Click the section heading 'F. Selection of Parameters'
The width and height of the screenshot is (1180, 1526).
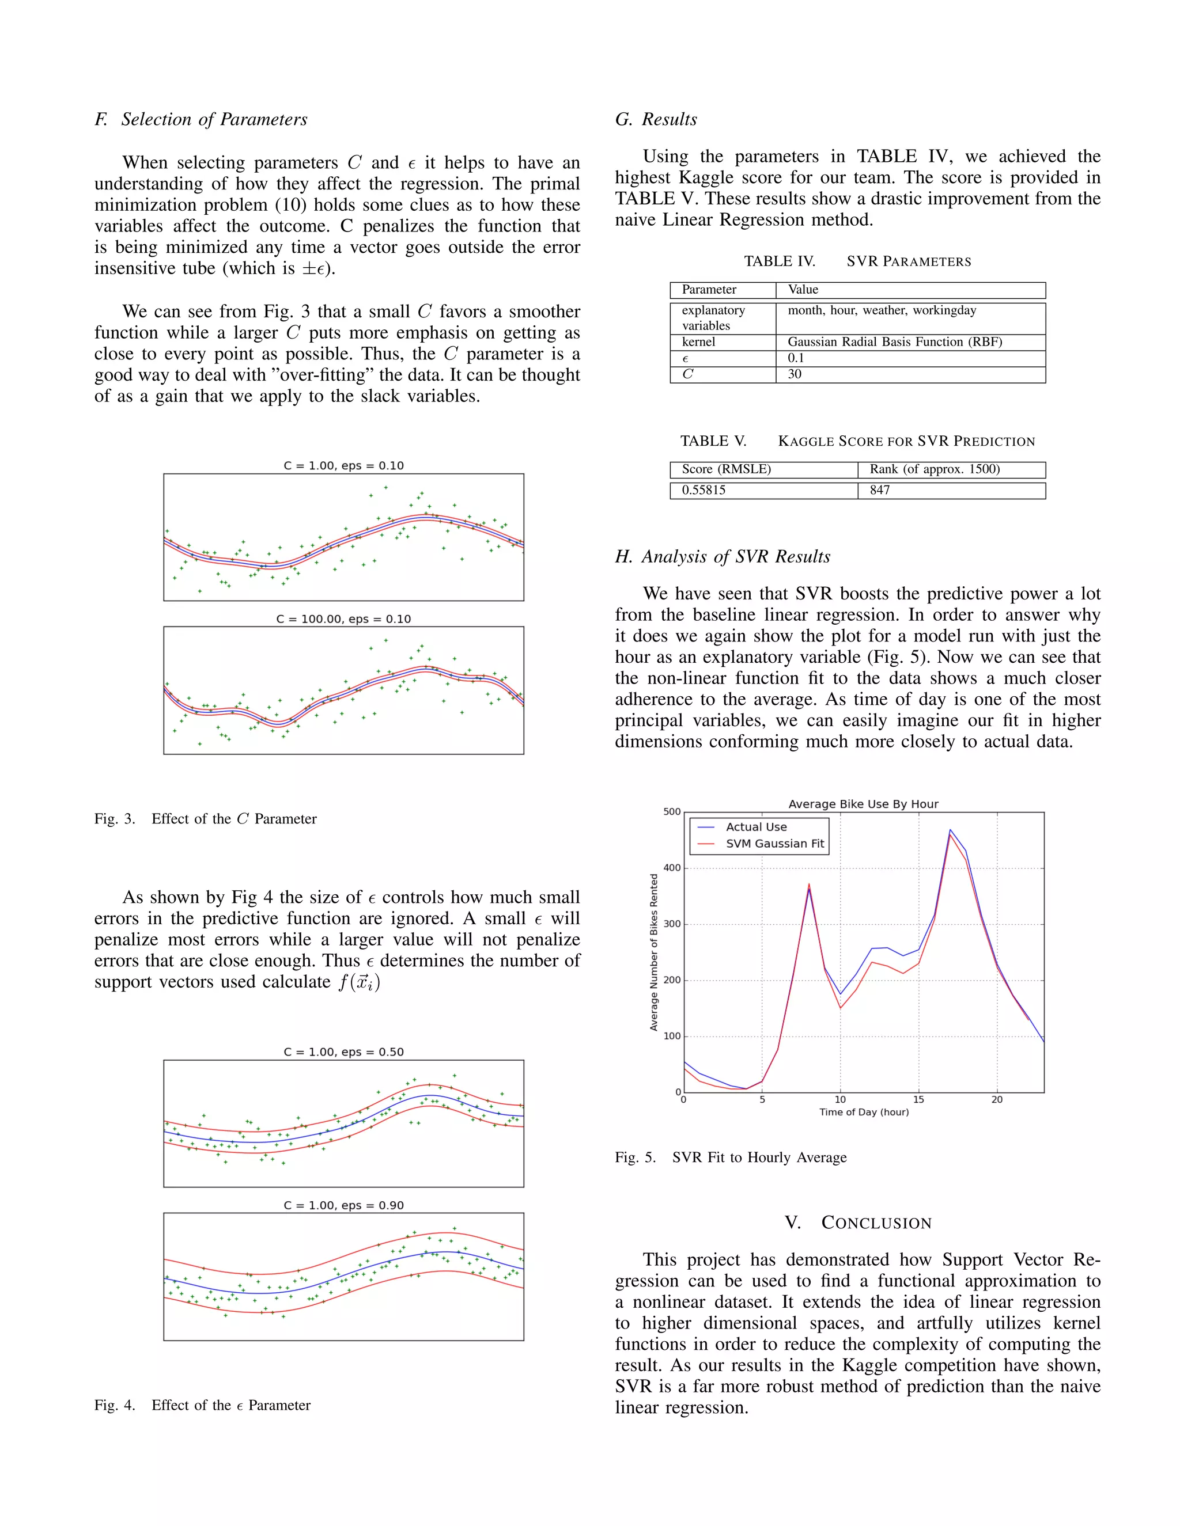201,119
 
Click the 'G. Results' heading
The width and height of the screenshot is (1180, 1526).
656,119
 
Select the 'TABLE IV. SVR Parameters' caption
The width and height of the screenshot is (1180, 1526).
857,261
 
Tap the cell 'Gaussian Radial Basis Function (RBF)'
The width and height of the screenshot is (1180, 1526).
895,341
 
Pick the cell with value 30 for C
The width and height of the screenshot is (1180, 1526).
795,374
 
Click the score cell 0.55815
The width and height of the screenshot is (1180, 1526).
704,491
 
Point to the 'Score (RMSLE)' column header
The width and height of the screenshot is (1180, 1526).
727,469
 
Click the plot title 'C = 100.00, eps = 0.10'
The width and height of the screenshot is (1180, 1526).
343,619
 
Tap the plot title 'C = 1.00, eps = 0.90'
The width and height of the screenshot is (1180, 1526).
343,1205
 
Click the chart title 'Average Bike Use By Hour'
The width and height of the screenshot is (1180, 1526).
863,804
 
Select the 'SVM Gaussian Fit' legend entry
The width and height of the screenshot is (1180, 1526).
774,844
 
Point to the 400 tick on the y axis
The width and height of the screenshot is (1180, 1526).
672,868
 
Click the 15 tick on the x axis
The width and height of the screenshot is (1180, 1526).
918,1100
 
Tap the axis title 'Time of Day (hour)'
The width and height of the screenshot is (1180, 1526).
864,1113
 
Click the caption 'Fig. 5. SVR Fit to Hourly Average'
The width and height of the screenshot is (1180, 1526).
731,1158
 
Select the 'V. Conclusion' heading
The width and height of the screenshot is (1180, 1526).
858,1223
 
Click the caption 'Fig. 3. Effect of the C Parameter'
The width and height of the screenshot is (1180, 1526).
206,819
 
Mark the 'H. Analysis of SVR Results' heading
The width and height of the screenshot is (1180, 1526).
723,557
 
